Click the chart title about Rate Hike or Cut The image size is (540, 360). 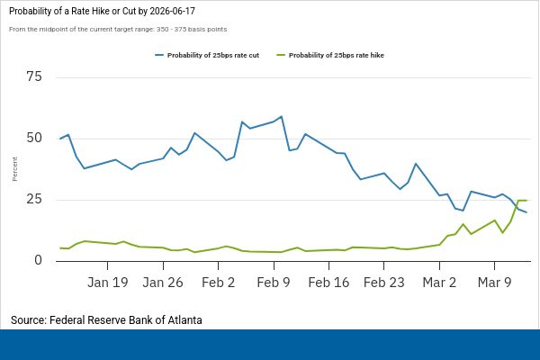[x=103, y=10]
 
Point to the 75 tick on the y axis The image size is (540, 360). [x=34, y=76]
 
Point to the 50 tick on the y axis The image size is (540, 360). [x=34, y=138]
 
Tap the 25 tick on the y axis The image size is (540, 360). [x=34, y=199]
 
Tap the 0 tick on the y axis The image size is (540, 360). [x=38, y=260]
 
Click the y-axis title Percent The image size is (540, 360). [x=15, y=168]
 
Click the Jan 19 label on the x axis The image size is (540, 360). [x=107, y=282]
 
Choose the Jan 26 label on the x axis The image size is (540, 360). [x=163, y=282]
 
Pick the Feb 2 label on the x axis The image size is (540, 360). [x=218, y=282]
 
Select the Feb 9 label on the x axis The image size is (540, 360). [x=274, y=282]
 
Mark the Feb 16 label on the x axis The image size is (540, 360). [x=328, y=282]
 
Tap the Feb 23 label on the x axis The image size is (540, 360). [x=384, y=282]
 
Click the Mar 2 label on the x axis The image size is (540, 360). [x=439, y=282]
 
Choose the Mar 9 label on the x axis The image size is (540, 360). [x=495, y=282]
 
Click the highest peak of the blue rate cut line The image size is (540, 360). [x=282, y=116]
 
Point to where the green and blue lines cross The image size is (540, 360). [x=515, y=207]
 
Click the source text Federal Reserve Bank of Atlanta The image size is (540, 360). [x=106, y=319]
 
